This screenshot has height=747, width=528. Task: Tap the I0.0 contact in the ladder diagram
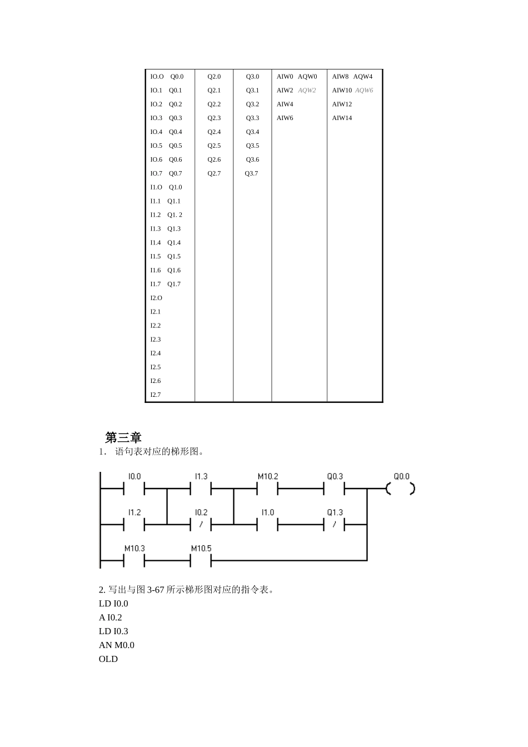(x=134, y=489)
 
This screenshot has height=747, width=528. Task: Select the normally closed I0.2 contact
(x=201, y=524)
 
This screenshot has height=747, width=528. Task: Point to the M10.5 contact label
(x=201, y=549)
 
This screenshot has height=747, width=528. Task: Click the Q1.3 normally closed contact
(x=334, y=524)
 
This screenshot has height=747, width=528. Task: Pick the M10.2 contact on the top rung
(x=267, y=489)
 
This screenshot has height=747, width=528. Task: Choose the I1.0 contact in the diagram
(x=267, y=524)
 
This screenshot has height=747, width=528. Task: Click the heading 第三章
(x=123, y=437)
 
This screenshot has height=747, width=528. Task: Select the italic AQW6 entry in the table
(x=364, y=91)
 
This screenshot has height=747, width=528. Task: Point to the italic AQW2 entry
(x=307, y=91)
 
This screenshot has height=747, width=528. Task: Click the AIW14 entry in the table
(x=342, y=118)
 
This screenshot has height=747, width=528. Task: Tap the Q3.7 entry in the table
(x=251, y=173)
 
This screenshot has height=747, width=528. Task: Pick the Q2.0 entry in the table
(x=214, y=77)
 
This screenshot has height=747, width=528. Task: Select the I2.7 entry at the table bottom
(x=156, y=395)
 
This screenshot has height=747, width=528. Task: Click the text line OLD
(x=108, y=659)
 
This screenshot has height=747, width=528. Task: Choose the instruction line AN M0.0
(x=117, y=645)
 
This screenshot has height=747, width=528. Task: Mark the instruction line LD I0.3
(x=113, y=631)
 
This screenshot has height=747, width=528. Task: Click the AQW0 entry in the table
(x=307, y=77)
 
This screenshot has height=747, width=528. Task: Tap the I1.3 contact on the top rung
(x=201, y=489)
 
